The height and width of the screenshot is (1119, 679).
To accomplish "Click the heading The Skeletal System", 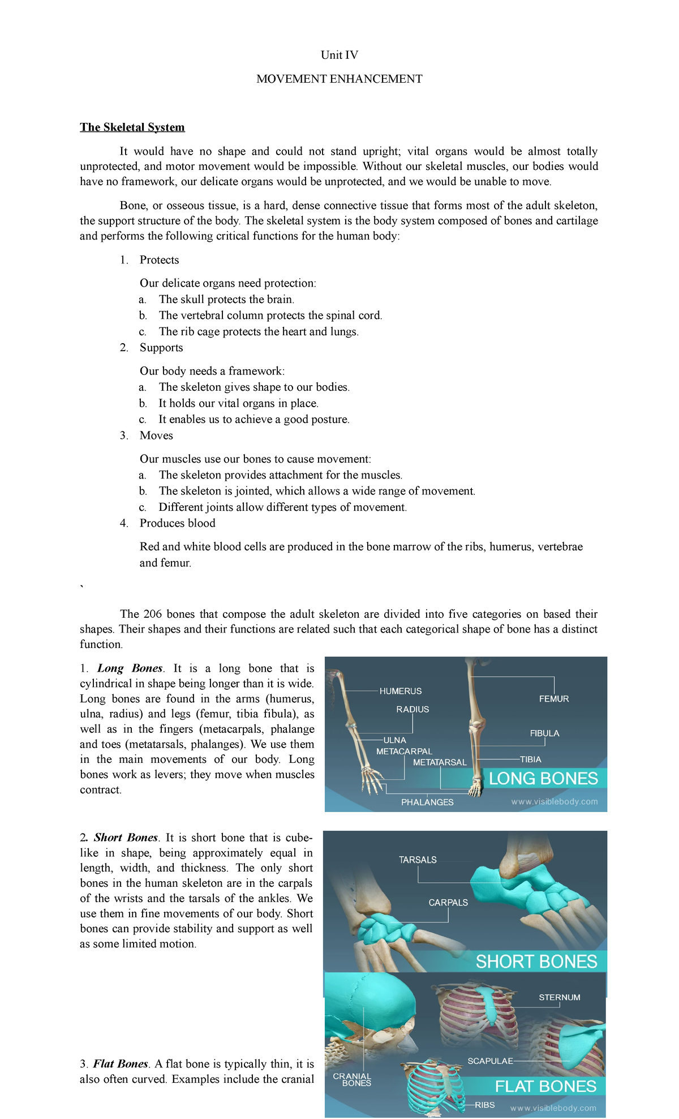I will coord(132,127).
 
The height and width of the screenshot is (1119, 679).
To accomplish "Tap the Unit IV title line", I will coord(339,55).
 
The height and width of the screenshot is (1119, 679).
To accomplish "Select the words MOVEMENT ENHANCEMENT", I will coord(339,79).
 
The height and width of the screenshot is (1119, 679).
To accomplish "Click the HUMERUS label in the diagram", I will coord(400,691).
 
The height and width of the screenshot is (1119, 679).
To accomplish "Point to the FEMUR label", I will coord(553,699).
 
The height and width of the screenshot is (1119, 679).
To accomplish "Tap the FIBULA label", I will coord(544,733).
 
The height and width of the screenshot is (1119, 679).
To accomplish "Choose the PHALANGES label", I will coord(427,802).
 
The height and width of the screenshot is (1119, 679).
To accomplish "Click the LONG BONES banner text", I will coord(543,778).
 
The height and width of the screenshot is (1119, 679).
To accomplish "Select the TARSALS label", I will coord(418,860).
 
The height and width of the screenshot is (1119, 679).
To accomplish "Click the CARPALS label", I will coord(448,903).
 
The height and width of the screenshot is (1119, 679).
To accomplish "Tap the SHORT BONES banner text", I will coord(536,961).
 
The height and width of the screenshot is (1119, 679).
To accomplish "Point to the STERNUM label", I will coord(559,997).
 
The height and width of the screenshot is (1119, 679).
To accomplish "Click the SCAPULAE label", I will coord(490,1061).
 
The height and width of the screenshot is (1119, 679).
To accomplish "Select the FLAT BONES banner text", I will coord(545,1086).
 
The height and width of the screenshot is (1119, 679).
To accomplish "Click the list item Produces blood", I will coord(177,523).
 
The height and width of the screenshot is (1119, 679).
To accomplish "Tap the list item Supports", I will coord(161,348).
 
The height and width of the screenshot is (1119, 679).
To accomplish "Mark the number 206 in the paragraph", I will coord(152,614).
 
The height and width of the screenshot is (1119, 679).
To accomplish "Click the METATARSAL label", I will coord(440,762).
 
